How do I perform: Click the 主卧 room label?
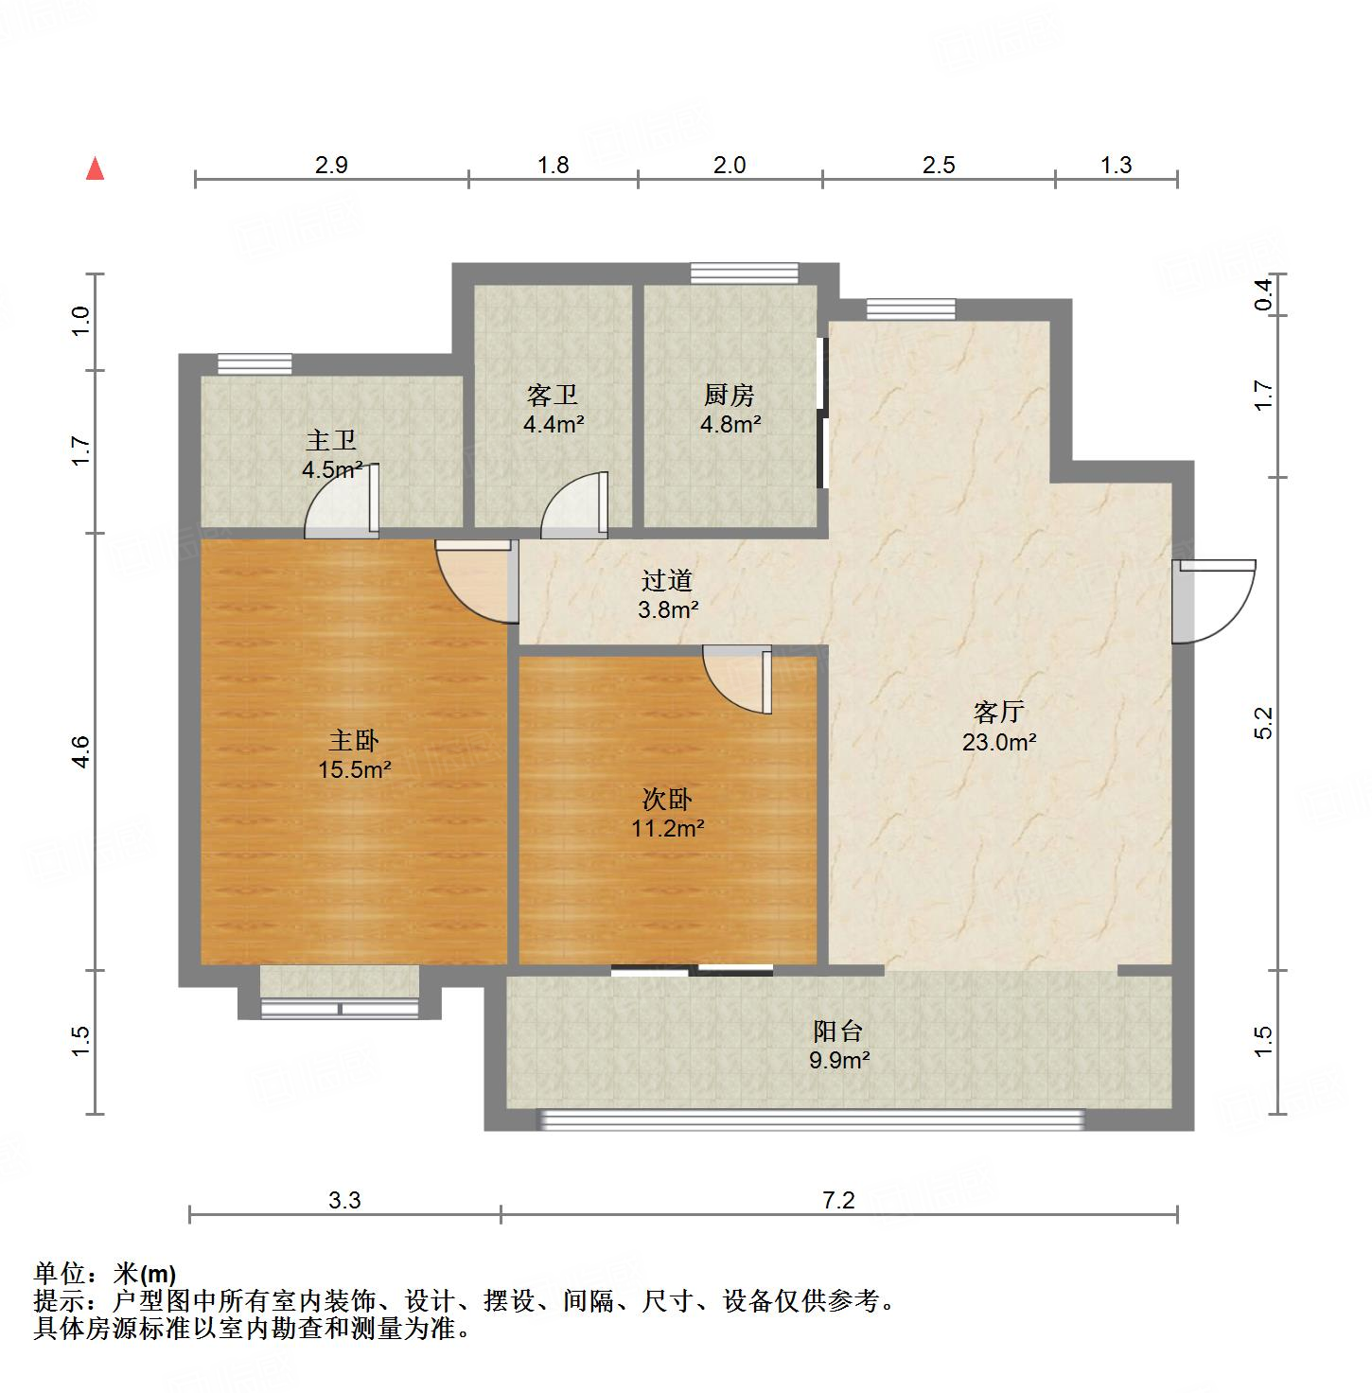point(354,740)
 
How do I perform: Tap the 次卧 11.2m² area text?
point(667,830)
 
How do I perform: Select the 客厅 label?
point(998,712)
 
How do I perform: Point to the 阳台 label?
point(837,1031)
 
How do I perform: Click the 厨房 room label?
point(729,395)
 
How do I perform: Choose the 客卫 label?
point(553,395)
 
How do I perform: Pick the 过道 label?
point(667,580)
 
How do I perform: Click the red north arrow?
point(95,169)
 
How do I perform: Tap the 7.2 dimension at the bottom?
point(838,1201)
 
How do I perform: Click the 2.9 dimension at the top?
point(331,166)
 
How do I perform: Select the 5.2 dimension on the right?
point(1264,724)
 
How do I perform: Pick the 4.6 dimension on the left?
point(80,751)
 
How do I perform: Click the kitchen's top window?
point(744,273)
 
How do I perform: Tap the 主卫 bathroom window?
point(254,363)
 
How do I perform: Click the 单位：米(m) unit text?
point(105,1274)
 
